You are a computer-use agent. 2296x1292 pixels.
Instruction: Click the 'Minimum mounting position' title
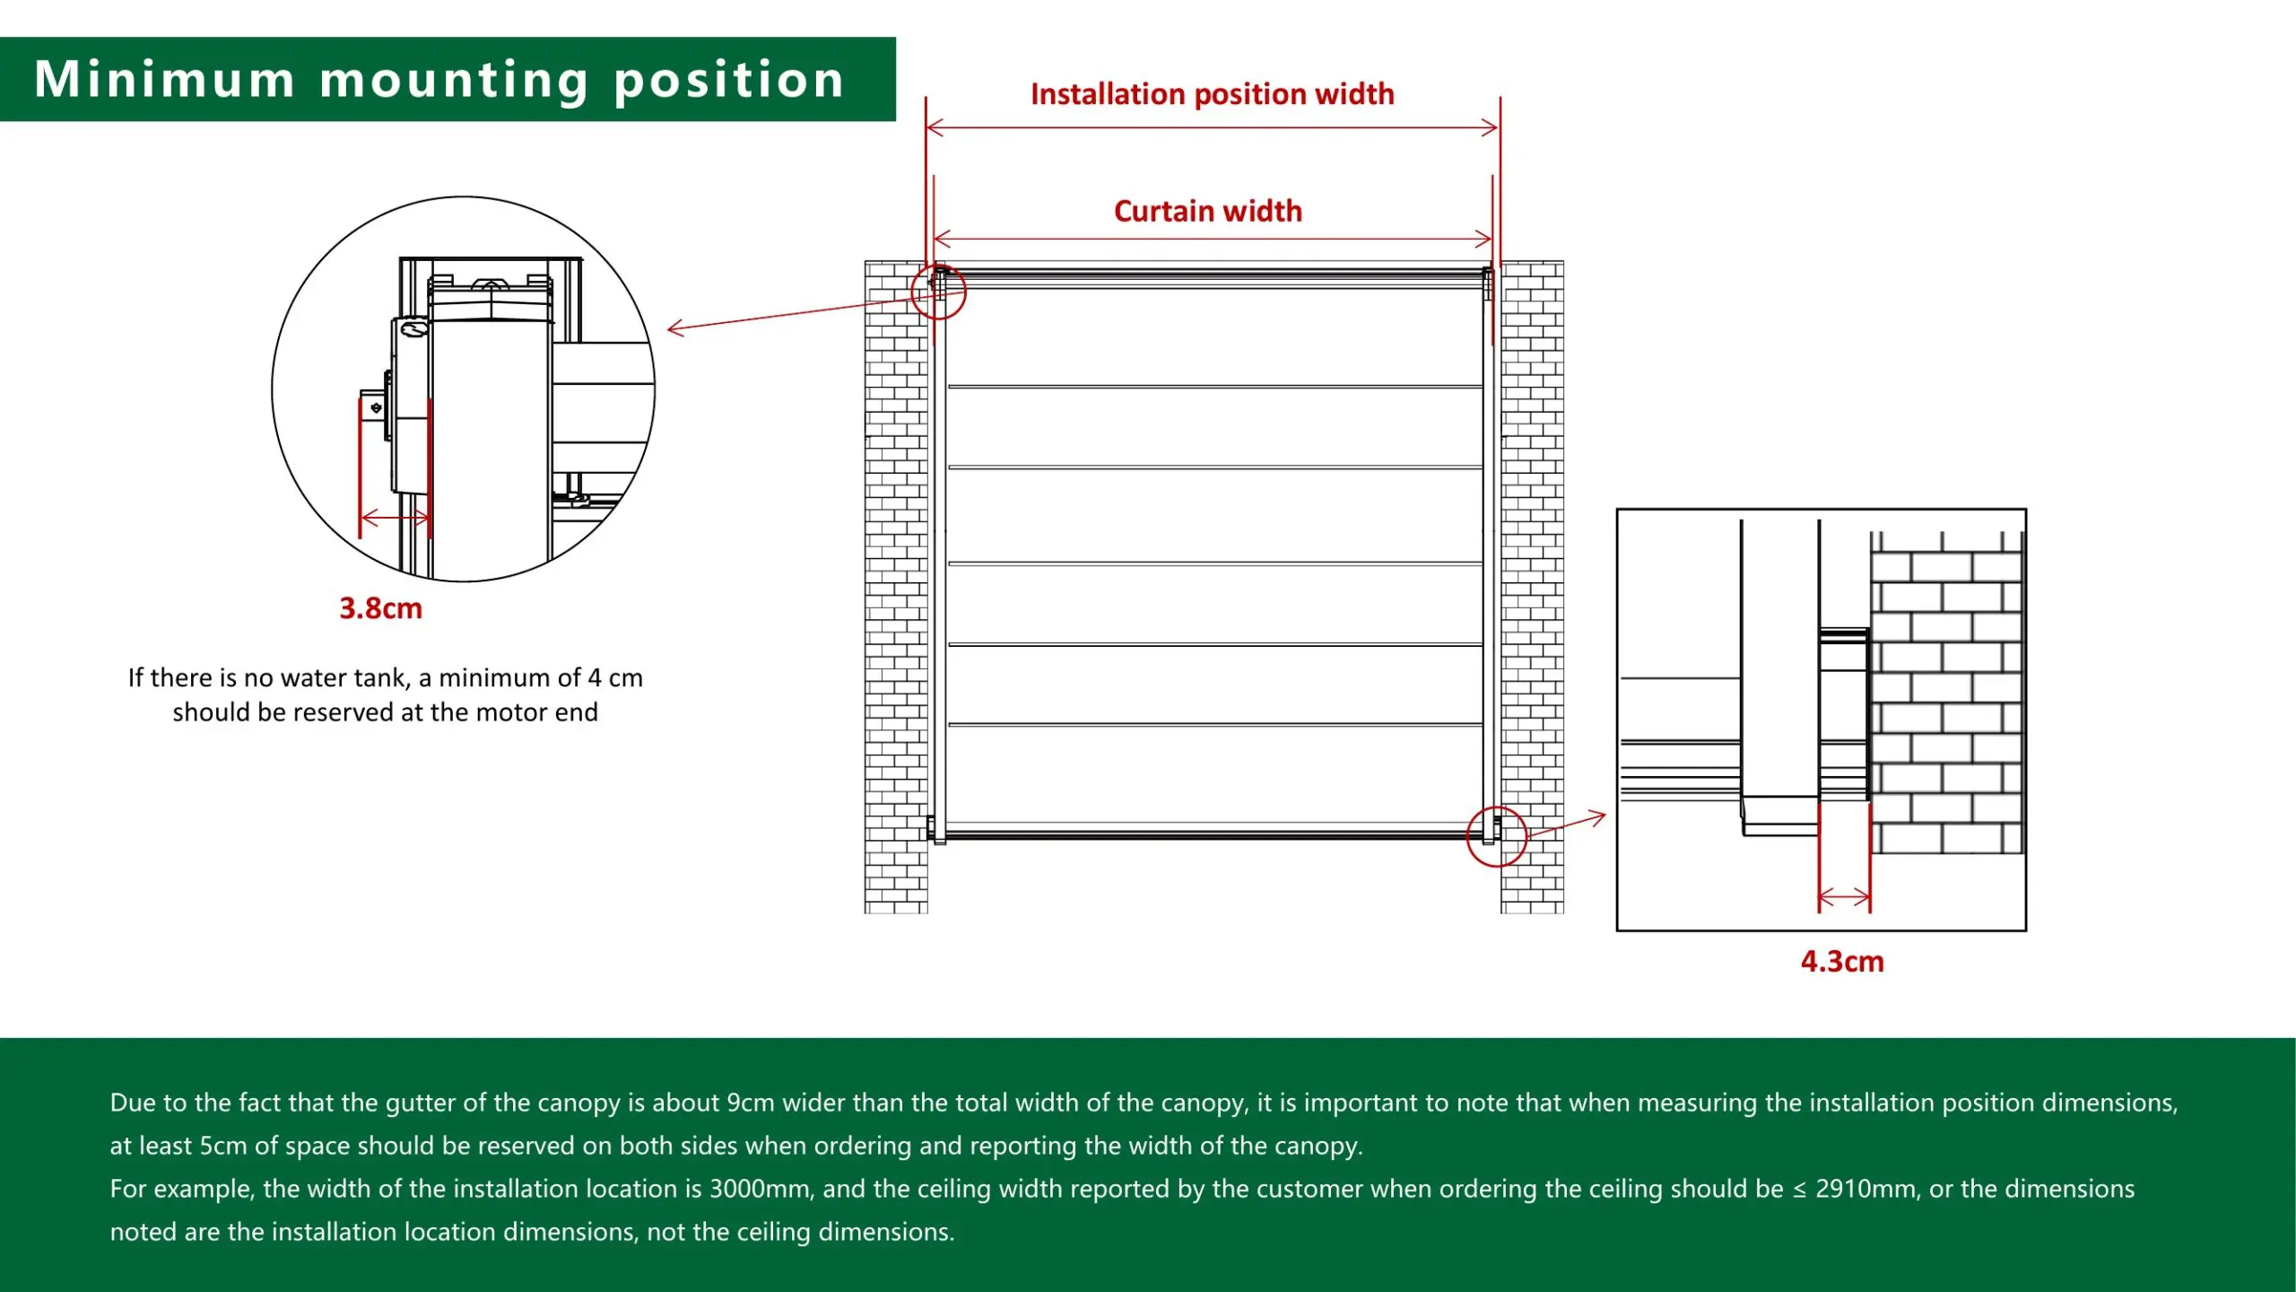(439, 80)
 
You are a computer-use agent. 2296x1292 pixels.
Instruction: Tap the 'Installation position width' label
(1213, 94)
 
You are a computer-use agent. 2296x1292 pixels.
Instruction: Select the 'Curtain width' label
(1208, 211)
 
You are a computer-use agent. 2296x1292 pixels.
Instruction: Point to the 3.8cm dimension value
(380, 608)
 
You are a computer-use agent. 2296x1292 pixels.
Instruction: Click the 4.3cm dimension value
(1842, 961)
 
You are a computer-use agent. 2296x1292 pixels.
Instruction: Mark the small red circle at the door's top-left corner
(938, 292)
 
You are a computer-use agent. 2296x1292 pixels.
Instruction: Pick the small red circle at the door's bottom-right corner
(1496, 836)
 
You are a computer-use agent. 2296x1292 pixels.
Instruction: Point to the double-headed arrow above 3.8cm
(395, 518)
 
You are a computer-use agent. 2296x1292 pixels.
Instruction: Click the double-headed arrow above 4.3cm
(1844, 897)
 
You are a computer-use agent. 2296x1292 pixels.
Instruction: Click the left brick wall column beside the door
(896, 587)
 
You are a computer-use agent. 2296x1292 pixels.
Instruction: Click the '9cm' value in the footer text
(750, 1103)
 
